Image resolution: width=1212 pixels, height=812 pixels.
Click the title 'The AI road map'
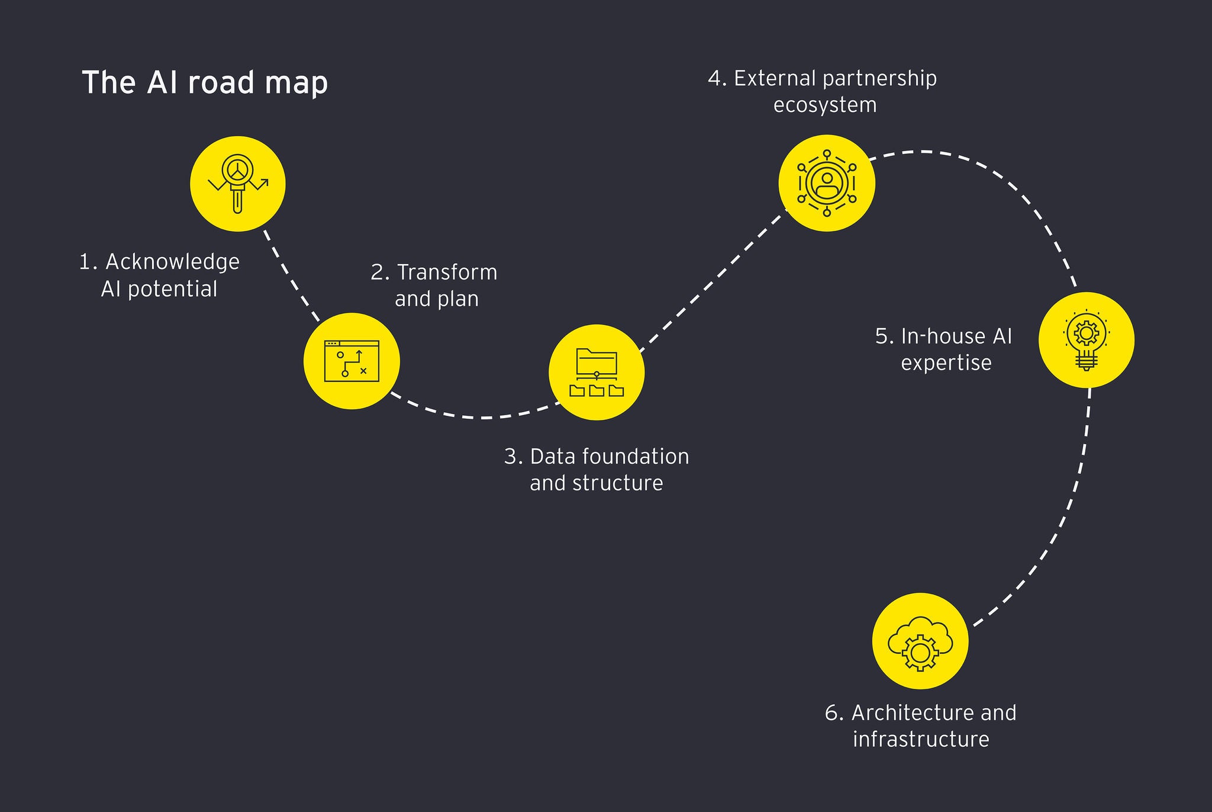click(204, 82)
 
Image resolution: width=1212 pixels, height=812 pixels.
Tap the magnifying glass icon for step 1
click(238, 184)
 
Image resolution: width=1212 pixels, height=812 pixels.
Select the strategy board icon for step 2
click(352, 361)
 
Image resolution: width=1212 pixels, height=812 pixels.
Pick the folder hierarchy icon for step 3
click(597, 372)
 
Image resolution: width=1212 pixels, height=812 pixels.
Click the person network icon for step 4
click(826, 183)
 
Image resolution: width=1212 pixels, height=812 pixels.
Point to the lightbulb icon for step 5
click(1087, 340)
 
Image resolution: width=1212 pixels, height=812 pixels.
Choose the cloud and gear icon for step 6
click(920, 641)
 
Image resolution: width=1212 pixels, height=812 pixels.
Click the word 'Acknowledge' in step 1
click(172, 262)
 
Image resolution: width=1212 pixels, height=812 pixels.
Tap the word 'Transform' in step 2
click(447, 272)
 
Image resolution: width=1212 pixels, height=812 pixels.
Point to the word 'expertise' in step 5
click(946, 362)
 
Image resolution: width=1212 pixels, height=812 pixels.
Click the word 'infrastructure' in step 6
click(921, 739)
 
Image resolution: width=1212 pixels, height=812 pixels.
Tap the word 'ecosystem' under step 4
click(825, 105)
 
